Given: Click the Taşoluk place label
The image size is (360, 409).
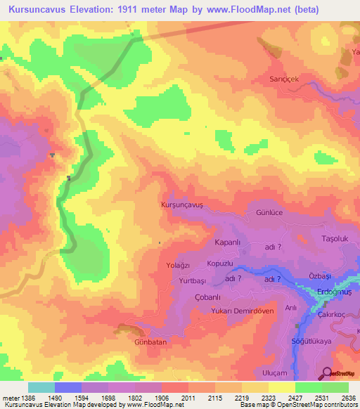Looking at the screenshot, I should [x=335, y=238].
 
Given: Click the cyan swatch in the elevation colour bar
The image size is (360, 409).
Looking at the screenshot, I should [x=41, y=387].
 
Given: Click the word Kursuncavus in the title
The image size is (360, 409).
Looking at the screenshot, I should [x=40, y=10].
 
